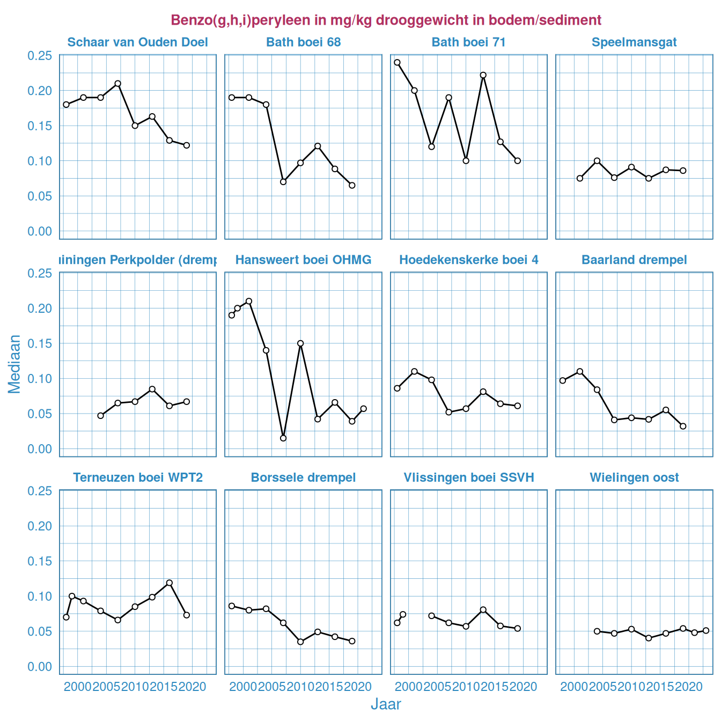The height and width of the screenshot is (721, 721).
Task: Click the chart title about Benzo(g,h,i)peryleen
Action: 386,20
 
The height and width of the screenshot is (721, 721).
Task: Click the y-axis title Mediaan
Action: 14,364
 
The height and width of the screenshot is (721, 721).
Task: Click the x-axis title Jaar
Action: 386,704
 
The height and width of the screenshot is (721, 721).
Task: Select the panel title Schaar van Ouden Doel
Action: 138,42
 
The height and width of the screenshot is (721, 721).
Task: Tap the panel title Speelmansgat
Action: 634,42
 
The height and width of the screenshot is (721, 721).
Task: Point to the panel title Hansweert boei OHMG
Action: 303,260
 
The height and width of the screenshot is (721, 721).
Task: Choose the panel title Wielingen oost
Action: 634,477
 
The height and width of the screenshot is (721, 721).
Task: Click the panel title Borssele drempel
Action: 303,477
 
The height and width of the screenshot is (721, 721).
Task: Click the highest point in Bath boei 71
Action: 397,62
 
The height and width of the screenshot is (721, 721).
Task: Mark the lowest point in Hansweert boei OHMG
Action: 283,438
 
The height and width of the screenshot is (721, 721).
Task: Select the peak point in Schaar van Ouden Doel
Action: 117,84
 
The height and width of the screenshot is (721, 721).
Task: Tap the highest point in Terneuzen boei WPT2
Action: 170,583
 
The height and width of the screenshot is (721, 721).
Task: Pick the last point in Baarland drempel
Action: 683,426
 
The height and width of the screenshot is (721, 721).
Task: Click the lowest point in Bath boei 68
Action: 352,185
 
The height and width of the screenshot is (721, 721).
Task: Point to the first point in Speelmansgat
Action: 580,178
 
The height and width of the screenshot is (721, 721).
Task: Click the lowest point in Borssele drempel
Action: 300,642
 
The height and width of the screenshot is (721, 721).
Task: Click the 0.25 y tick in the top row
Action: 40,56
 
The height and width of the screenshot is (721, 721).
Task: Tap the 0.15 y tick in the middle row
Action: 40,343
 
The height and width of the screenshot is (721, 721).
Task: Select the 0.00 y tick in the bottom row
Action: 40,666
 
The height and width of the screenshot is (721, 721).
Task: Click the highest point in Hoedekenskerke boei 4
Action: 414,371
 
